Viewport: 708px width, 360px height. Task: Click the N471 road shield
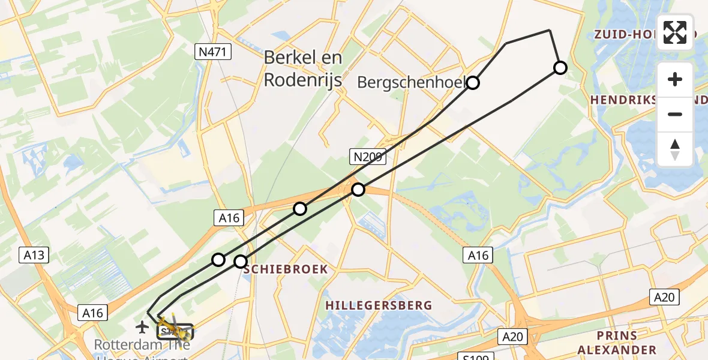click(x=214, y=52)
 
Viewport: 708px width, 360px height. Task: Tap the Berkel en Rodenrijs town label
click(x=303, y=68)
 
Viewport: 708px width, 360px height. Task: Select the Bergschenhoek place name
click(x=413, y=82)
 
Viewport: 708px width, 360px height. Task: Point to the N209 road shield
click(x=368, y=158)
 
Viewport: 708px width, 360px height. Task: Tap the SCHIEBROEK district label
click(x=286, y=269)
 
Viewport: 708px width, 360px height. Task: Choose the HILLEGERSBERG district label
click(x=379, y=305)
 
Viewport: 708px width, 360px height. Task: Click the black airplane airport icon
click(x=142, y=327)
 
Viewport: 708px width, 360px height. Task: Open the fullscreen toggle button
click(x=675, y=32)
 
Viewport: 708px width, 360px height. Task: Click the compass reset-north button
click(x=675, y=149)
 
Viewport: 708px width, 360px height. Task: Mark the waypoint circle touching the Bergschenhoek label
click(x=473, y=83)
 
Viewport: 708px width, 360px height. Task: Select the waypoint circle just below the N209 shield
click(x=358, y=190)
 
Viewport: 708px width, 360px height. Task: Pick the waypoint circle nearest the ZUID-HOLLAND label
click(x=560, y=68)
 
